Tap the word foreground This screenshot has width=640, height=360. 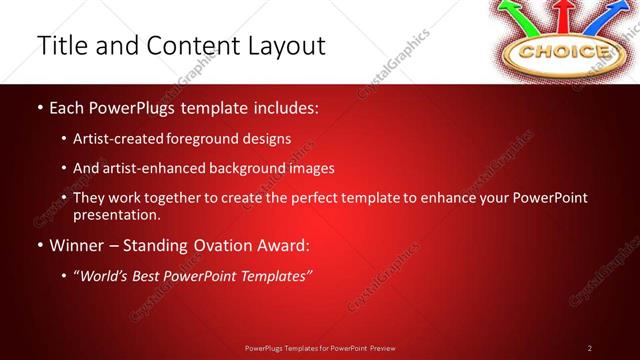(x=214, y=139)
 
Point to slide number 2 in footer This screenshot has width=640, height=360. (x=590, y=347)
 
